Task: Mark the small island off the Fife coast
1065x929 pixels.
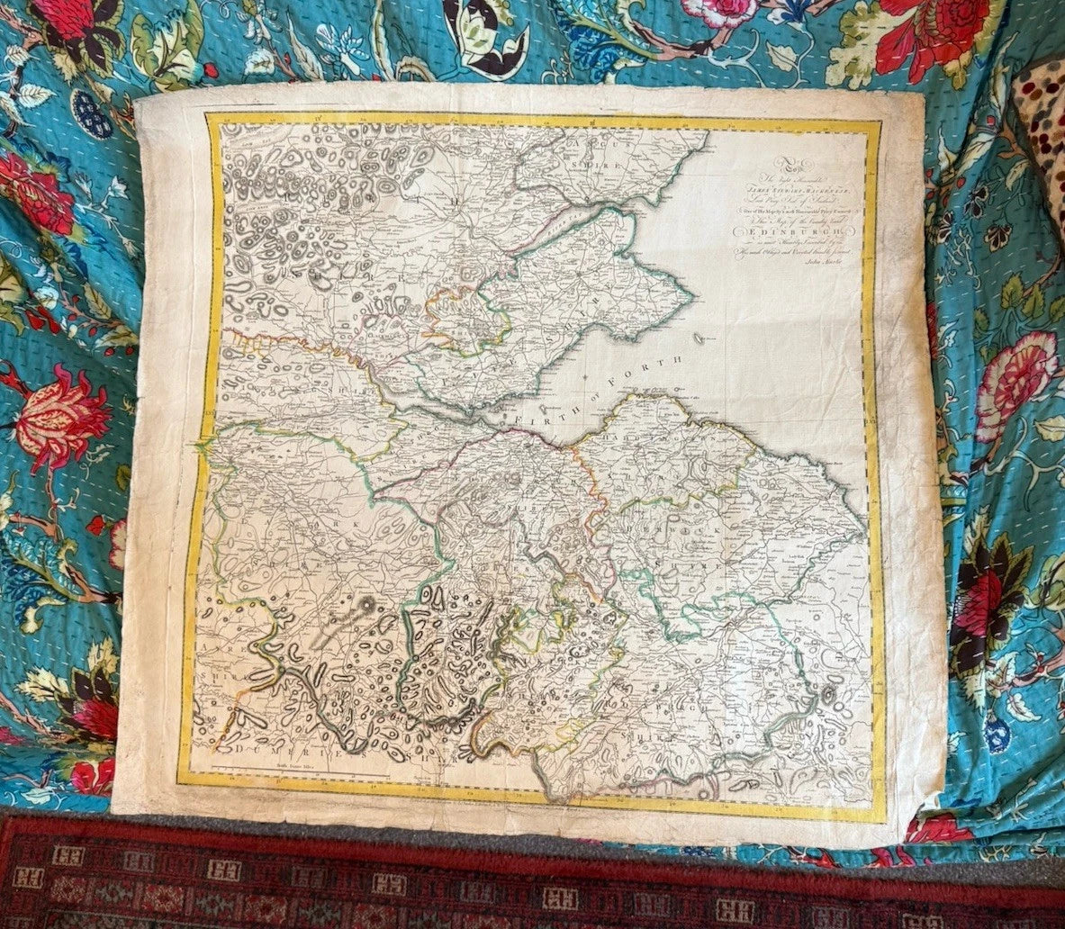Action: click(701, 340)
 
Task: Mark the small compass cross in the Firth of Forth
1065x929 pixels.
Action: click(584, 374)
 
